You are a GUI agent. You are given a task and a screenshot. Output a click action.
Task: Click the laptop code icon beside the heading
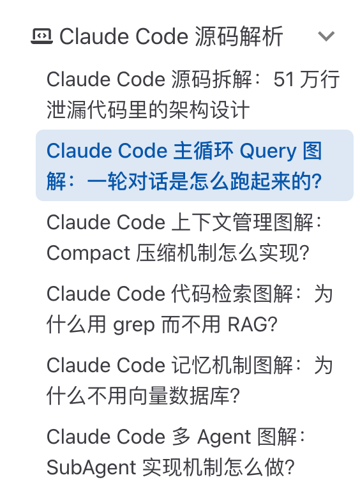click(41, 36)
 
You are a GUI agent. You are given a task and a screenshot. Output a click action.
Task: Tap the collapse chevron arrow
click(326, 36)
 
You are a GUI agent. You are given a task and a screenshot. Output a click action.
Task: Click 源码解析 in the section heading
click(239, 36)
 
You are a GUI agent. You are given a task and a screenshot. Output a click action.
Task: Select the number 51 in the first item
click(284, 79)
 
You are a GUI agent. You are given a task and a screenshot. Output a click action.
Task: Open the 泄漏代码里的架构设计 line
click(148, 110)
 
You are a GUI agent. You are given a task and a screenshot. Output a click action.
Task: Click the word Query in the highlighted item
click(267, 151)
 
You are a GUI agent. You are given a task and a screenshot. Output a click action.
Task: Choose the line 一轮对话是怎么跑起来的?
click(204, 181)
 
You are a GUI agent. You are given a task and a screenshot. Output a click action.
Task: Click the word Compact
click(88, 253)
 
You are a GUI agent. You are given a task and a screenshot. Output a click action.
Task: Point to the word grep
click(133, 326)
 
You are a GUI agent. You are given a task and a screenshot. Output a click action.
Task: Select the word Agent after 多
click(224, 437)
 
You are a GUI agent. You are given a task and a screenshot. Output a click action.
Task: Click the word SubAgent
click(91, 467)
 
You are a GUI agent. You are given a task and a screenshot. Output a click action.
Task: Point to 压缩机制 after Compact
click(177, 253)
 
